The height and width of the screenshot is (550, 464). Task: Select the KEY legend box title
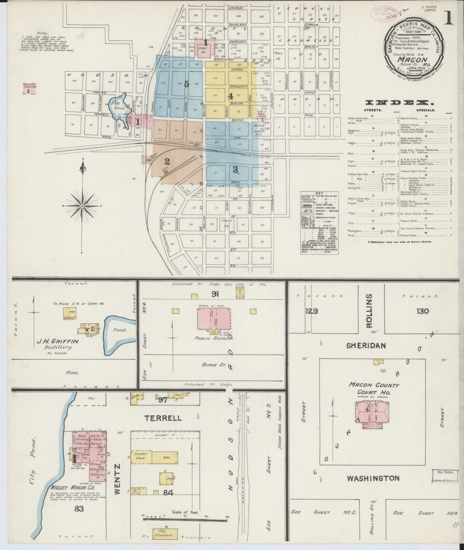[x=319, y=193]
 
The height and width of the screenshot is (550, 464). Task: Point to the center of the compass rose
[x=83, y=206]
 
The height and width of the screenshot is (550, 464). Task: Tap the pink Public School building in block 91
[x=213, y=319]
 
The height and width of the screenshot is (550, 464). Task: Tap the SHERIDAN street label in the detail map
[x=366, y=346]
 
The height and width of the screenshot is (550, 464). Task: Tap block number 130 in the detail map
[x=422, y=311]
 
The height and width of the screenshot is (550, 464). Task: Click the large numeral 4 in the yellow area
[x=230, y=96]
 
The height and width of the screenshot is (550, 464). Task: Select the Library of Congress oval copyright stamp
[x=382, y=13]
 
